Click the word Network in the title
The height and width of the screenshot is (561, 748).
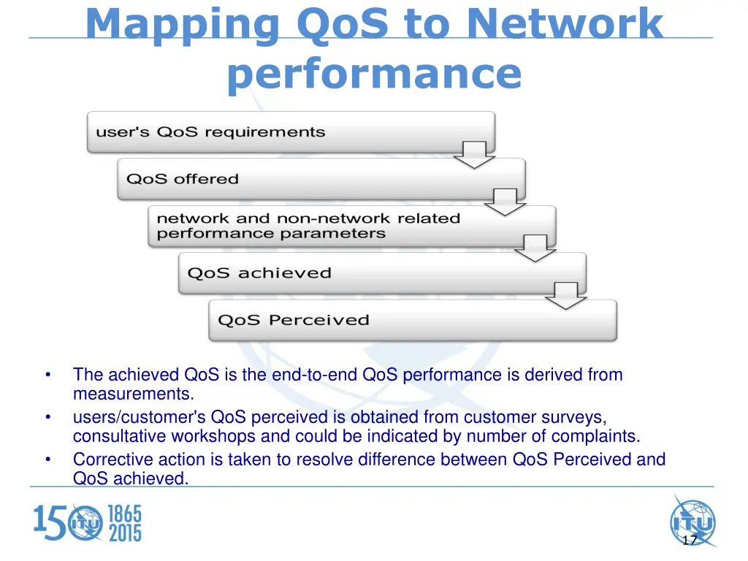565,23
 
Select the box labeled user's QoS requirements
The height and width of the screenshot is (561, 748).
291,132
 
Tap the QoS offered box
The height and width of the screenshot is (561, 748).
321,179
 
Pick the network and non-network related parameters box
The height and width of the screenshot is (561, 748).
351,226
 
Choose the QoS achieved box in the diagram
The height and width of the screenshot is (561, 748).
382,273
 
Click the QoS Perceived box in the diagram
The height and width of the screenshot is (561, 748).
413,320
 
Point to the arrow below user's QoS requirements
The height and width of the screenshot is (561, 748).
474,155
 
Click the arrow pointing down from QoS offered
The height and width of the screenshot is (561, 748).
505,202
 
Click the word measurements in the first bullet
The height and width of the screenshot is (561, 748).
134,395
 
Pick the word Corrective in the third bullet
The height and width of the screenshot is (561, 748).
107,459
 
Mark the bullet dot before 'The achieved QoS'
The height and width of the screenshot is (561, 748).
47,375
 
